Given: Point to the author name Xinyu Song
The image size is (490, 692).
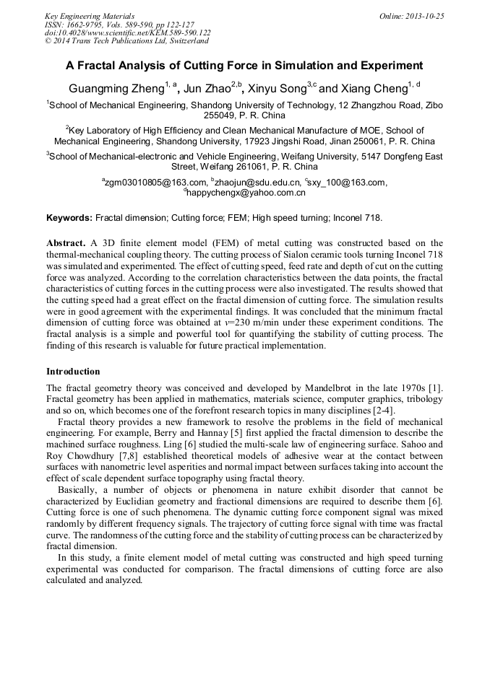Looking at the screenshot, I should [x=279, y=89].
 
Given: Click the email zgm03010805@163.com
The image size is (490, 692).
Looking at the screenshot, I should [x=155, y=183].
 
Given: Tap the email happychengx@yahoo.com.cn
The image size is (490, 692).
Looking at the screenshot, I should [x=246, y=193].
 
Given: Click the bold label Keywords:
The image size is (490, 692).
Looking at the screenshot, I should [x=69, y=217].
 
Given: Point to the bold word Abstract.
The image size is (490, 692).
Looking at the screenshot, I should [x=66, y=243].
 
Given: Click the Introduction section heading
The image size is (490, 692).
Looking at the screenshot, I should [x=73, y=372].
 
